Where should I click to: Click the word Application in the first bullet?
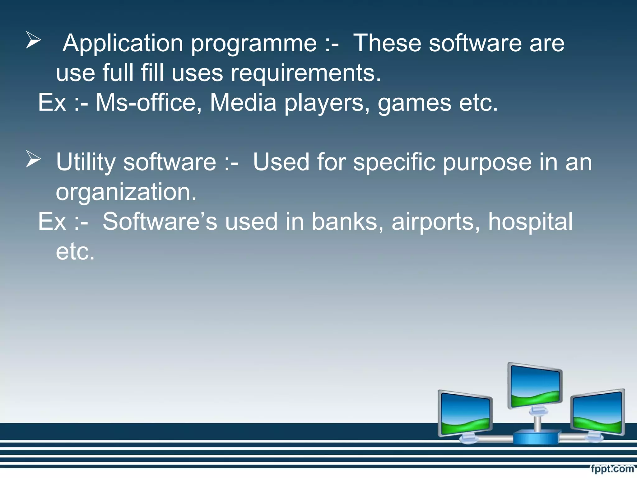click(x=123, y=44)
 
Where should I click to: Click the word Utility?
click(x=86, y=162)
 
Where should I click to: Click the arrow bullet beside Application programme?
click(x=33, y=40)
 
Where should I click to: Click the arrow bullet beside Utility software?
click(x=33, y=159)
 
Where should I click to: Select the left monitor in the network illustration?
click(x=465, y=414)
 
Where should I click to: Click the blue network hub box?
click(x=536, y=437)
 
